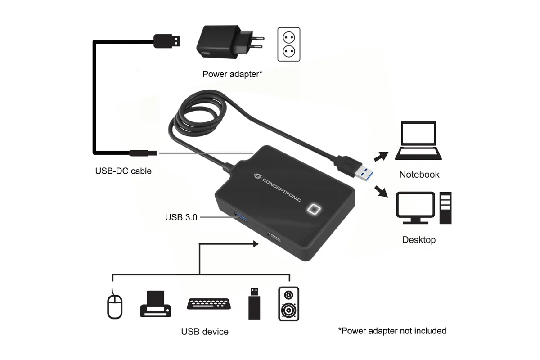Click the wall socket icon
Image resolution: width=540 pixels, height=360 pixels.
[289, 45]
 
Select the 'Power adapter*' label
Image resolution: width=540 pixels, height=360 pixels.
[232, 74]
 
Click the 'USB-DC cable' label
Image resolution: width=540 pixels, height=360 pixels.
[123, 171]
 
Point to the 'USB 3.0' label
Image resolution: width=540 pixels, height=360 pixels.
[181, 217]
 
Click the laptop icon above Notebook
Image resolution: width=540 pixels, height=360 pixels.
[418, 140]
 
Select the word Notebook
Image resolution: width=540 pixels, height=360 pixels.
[419, 174]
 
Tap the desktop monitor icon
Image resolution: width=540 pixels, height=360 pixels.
[416, 208]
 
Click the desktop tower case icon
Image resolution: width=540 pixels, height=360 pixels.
[445, 208]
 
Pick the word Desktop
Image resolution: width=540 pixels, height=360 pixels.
[419, 240]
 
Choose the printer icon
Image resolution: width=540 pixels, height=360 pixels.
[156, 304]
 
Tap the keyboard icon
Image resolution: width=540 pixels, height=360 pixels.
[209, 304]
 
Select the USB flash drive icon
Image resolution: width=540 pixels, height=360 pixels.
[254, 304]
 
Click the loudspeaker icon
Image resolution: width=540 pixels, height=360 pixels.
[288, 304]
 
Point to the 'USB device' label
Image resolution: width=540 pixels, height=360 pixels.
[205, 332]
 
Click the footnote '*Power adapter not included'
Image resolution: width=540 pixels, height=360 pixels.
[392, 331]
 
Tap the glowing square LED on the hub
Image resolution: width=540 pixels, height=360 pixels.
[313, 209]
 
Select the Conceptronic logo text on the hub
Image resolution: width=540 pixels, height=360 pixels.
[281, 190]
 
